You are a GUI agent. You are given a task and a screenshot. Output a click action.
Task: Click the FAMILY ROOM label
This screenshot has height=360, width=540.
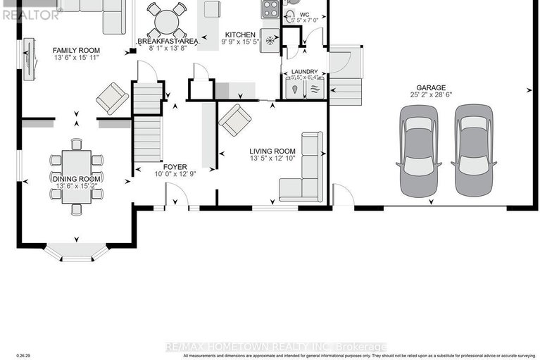point(77,51)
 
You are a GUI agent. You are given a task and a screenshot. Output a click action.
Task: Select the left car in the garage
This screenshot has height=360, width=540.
point(417,151)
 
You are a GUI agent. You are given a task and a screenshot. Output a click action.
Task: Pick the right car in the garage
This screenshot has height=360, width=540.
point(470,151)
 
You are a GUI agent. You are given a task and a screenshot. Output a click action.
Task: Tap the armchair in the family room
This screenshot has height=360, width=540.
point(112,98)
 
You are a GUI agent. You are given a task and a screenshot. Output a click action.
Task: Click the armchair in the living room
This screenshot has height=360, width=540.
point(234,120)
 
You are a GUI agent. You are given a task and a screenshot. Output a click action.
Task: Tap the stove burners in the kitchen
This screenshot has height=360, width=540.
point(270,9)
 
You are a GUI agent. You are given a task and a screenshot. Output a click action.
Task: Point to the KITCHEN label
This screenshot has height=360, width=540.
point(240,35)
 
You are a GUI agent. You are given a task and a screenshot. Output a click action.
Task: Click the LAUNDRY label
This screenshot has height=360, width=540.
point(304,72)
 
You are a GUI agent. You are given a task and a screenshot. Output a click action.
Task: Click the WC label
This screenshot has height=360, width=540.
point(305,15)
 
